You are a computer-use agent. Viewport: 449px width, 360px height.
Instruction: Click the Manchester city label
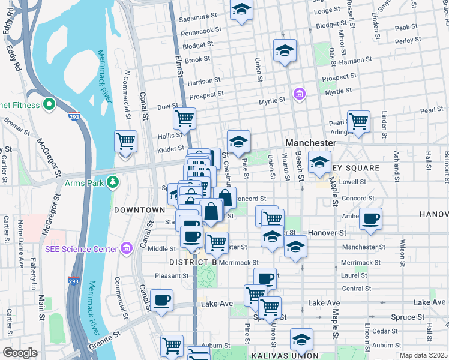point(310,143)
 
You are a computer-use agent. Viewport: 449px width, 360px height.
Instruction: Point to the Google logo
point(20,353)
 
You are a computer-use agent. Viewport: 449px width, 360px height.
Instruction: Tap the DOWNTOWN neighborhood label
point(139,209)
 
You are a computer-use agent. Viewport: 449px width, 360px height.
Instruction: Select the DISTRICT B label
point(192,262)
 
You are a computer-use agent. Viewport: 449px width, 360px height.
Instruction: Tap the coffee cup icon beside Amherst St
point(371,218)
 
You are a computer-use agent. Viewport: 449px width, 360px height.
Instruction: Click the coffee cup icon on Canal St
point(162,299)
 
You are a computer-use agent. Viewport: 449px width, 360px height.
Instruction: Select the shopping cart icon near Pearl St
point(358,121)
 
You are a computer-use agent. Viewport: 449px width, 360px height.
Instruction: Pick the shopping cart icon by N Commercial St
point(126,141)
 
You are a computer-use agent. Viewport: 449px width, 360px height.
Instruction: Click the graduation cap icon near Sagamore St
point(241,9)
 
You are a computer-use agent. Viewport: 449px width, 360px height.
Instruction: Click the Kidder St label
point(171,148)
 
